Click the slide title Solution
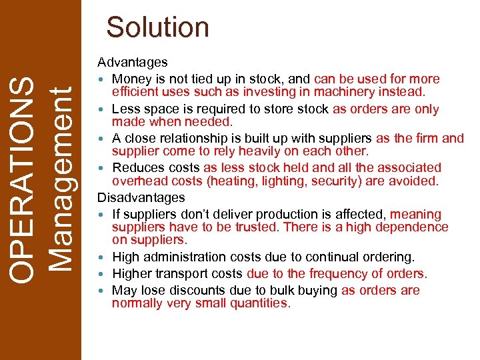pos(158,27)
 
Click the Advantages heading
pos(133,63)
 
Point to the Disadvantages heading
pos(141,198)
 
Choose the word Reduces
pos(137,168)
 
